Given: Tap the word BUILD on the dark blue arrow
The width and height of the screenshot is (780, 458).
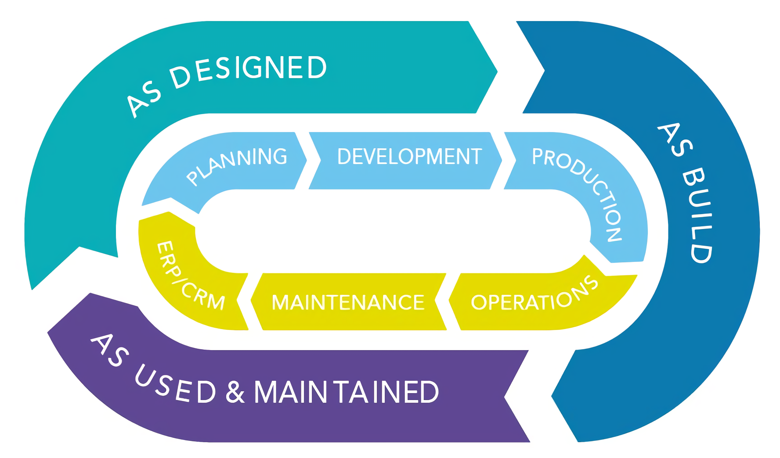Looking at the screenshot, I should click(x=698, y=215).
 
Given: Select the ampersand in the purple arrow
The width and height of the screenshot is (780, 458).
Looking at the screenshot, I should click(x=235, y=392).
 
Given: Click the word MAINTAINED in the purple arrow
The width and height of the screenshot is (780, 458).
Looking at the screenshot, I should click(x=346, y=392).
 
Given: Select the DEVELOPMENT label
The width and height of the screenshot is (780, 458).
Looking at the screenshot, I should click(x=409, y=157).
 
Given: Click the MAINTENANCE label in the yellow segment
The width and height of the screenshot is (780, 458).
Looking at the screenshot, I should click(x=348, y=302).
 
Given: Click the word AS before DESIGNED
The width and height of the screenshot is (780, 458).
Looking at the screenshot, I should click(x=143, y=100).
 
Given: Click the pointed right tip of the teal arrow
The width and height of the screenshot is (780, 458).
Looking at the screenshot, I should click(x=496, y=71).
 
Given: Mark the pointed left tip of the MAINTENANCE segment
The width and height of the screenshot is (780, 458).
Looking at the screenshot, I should click(x=252, y=301).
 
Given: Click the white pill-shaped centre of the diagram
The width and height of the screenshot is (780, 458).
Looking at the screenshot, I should click(x=393, y=231).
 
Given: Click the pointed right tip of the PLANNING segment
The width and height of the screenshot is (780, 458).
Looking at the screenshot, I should click(x=306, y=160).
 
